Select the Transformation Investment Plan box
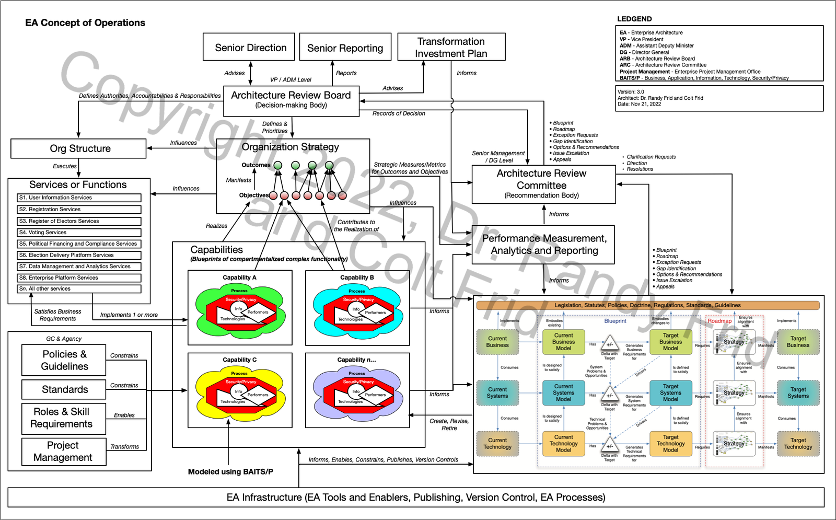click(451, 47)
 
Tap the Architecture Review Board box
click(291, 100)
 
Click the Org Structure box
click(79, 148)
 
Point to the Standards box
click(64, 389)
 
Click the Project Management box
click(63, 452)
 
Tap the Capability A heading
click(239, 278)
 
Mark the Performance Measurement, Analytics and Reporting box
click(543, 245)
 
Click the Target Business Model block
click(670, 342)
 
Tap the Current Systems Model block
click(563, 392)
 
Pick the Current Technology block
click(497, 444)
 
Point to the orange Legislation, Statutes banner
click(647, 305)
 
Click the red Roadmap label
click(719, 321)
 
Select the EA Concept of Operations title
click(85, 23)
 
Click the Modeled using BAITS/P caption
click(230, 472)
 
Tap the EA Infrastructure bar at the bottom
click(416, 498)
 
